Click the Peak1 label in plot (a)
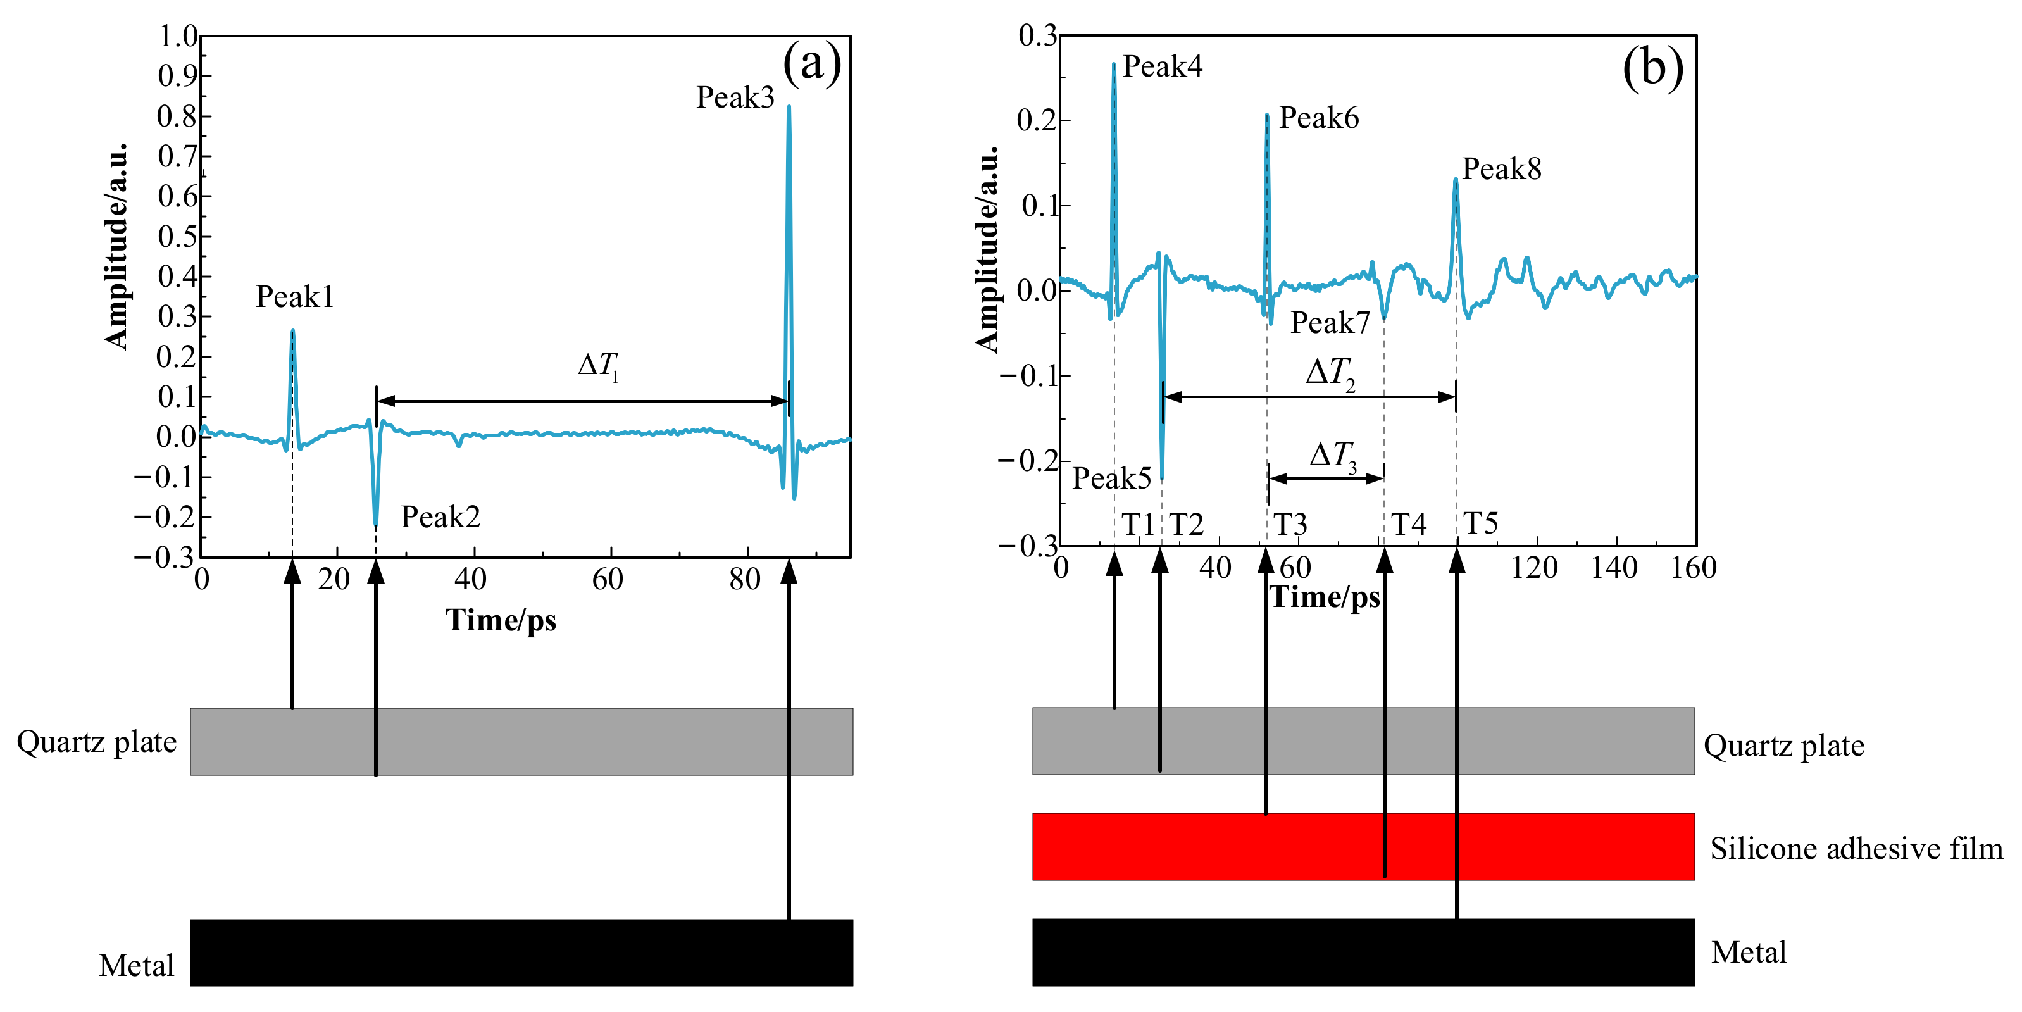pos(294,297)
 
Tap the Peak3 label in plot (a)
pos(735,97)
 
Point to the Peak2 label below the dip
pos(440,516)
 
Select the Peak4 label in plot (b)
pos(1163,66)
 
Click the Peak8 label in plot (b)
pos(1502,169)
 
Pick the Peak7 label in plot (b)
pos(1330,323)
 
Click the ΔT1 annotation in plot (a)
pos(598,365)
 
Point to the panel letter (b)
pos(1652,68)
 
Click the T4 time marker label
pos(1408,523)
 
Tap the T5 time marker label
pos(1480,523)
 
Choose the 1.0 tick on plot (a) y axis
pos(178,36)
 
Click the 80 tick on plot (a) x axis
pos(744,579)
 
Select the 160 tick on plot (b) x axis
pos(1693,568)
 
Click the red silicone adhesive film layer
pos(1363,846)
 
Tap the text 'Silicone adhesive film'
pos(1856,849)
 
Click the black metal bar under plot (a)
pos(521,953)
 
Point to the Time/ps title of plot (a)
pos(501,620)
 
